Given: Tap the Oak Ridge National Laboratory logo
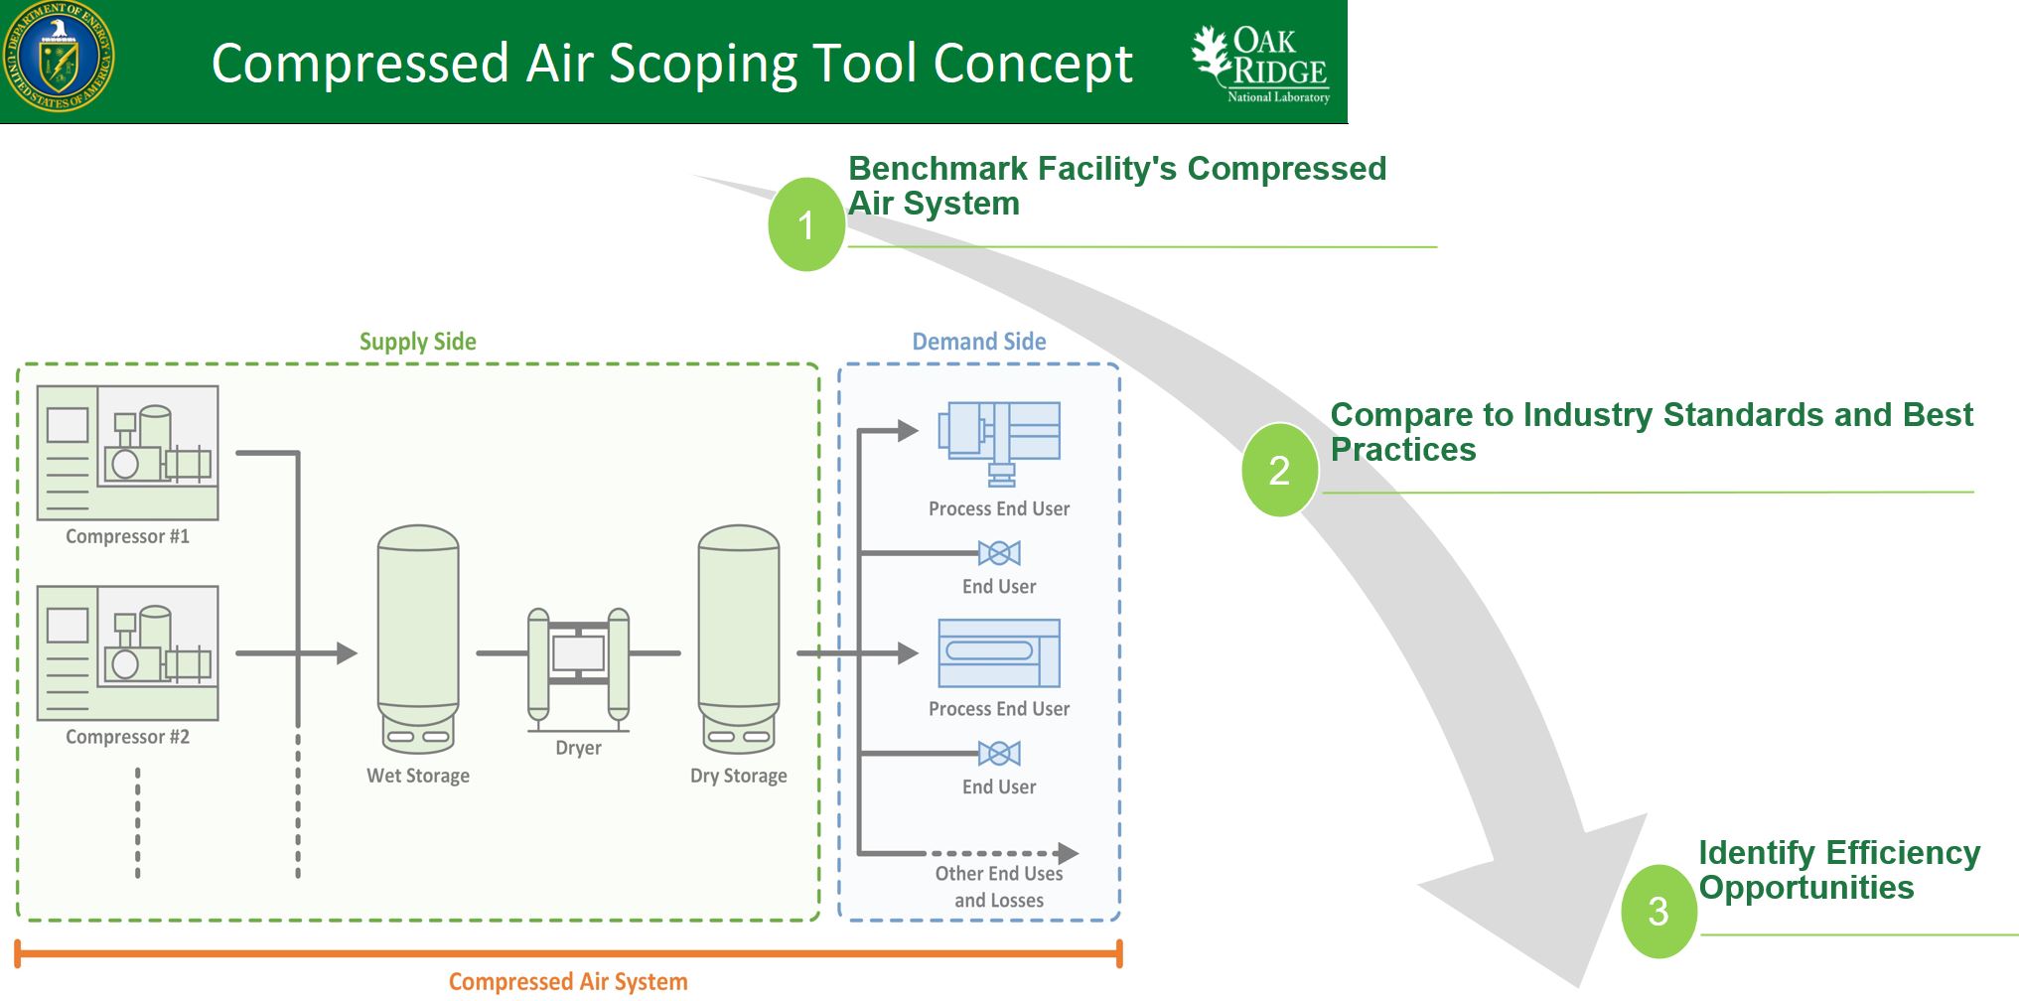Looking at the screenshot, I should click(1262, 63).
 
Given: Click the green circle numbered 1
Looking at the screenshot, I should click(806, 224).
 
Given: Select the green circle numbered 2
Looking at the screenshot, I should click(1279, 470).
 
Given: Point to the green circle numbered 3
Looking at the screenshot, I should click(1658, 911).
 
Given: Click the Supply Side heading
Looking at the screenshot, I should click(417, 342).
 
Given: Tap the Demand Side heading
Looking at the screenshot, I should click(978, 342).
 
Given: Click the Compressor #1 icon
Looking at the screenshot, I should click(128, 453).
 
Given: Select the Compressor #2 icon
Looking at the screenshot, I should click(128, 652).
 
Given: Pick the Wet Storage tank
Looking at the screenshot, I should click(418, 638).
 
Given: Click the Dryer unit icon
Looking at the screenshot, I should click(578, 664).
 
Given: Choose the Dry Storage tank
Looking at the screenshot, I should click(739, 638).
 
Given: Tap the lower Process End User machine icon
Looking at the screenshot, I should click(999, 653).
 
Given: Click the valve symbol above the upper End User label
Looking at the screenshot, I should click(999, 553).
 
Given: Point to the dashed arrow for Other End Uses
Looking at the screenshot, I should click(1003, 853).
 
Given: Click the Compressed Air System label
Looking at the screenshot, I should click(568, 981).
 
